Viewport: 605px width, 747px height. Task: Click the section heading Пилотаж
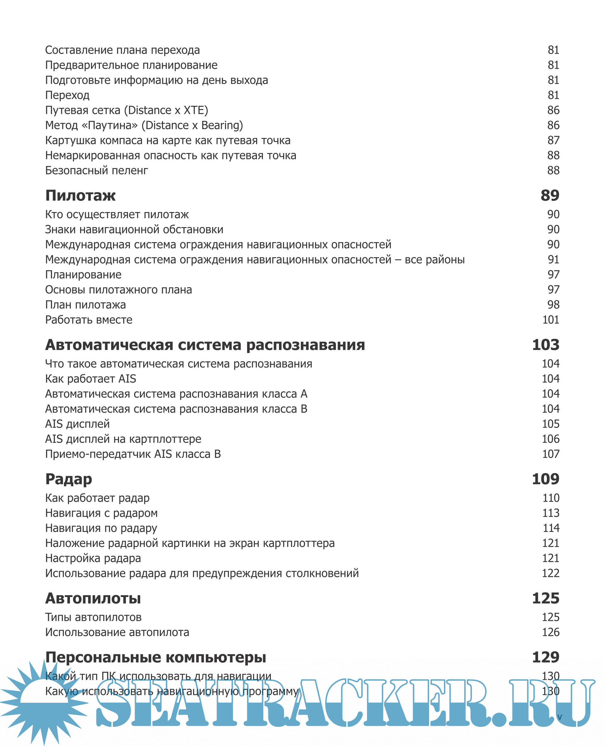click(80, 195)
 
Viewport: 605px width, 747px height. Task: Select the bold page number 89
click(550, 195)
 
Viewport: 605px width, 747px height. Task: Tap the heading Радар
click(69, 479)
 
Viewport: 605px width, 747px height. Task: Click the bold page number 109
click(545, 479)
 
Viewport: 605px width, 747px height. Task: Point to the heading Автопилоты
click(93, 598)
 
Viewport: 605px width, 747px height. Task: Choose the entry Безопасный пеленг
click(96, 170)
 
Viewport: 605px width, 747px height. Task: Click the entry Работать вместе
click(89, 320)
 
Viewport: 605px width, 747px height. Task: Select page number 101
click(551, 320)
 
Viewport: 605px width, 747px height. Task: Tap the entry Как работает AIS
click(91, 379)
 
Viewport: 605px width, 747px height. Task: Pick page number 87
click(553, 140)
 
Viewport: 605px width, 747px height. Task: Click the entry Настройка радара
click(93, 558)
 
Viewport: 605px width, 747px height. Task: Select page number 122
click(551, 573)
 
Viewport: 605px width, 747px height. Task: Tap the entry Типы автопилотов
click(93, 617)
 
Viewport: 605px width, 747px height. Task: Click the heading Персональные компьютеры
click(155, 657)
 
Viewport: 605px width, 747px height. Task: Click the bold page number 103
click(545, 345)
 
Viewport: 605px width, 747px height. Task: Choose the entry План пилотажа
click(85, 305)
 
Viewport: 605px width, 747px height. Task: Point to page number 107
click(551, 454)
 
